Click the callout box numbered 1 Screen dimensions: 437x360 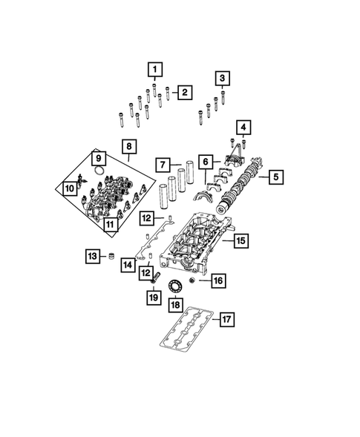click(155, 70)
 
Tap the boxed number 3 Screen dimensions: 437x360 click(223, 78)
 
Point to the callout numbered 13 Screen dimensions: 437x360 click(93, 257)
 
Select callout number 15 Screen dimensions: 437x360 click(240, 240)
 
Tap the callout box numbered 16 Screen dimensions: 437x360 click(217, 281)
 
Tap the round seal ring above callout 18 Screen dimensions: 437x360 click(176, 287)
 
